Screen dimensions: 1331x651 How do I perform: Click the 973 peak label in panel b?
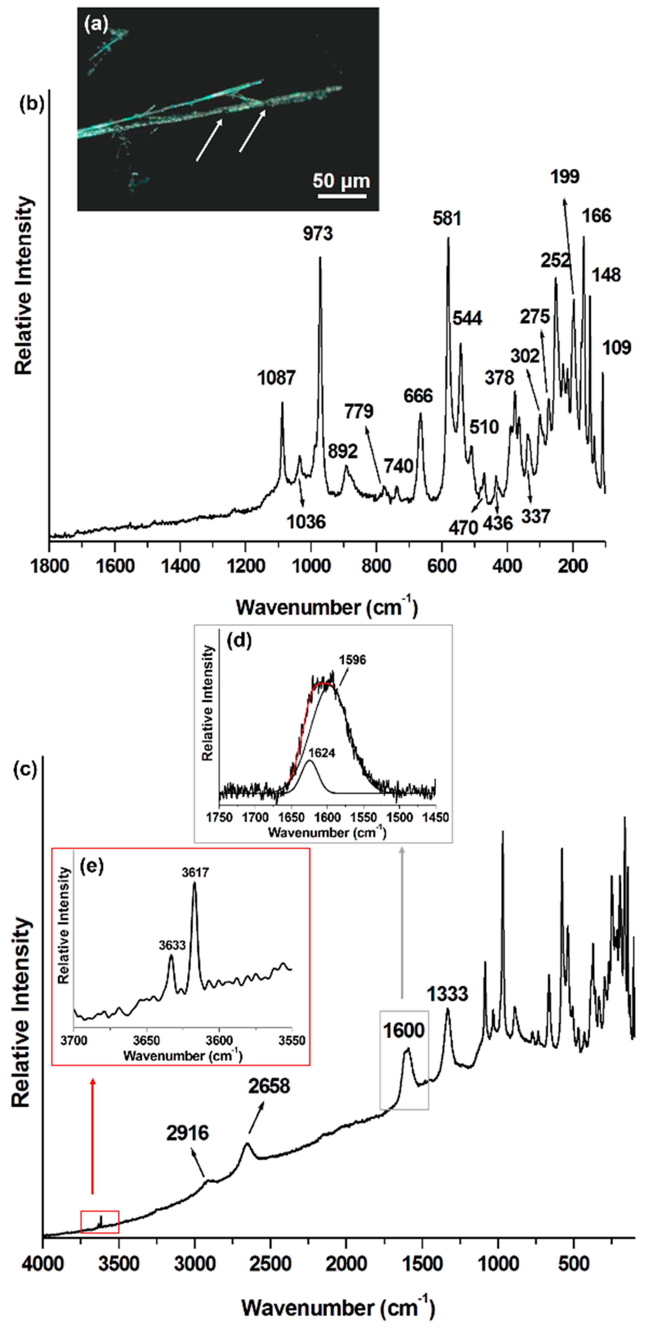(318, 234)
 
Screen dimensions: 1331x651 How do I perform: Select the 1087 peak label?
(276, 378)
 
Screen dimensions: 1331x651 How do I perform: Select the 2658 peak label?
(269, 1086)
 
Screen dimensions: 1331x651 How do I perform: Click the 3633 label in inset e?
(172, 945)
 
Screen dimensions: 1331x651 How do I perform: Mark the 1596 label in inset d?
(352, 660)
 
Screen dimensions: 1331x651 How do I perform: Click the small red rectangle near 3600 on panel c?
(100, 1221)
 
